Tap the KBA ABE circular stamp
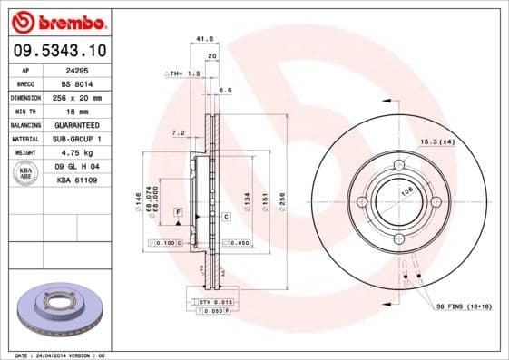coord(25,174)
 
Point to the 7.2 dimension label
coord(179,133)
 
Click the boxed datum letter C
coord(225,218)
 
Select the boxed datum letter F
coord(177,211)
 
